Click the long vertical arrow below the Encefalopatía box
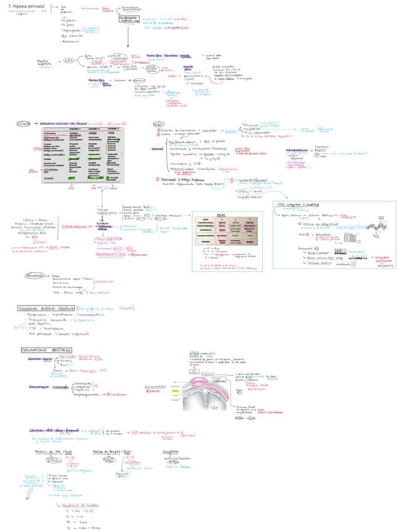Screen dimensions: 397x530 pos(127,37)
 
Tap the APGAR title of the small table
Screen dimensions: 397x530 pos(220,214)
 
